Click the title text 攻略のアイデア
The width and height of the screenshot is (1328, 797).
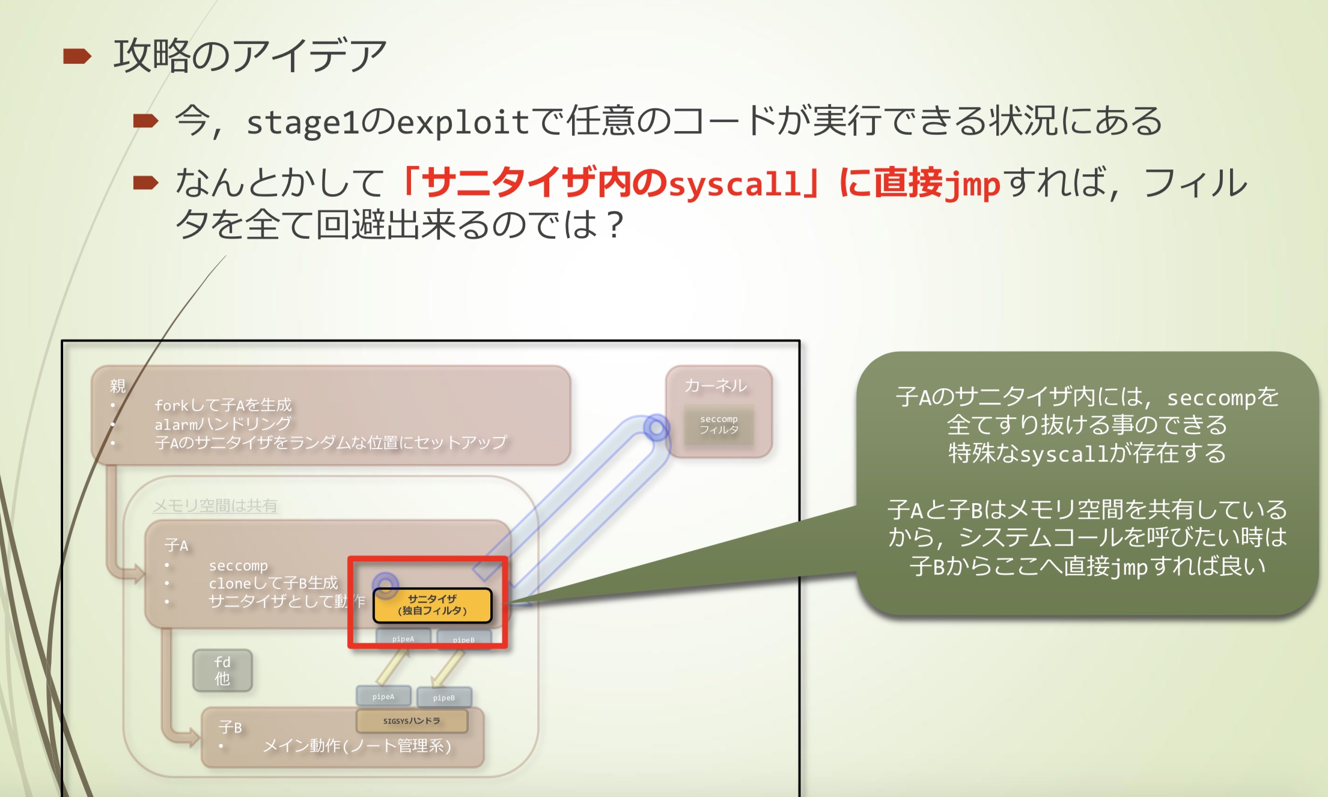click(x=249, y=55)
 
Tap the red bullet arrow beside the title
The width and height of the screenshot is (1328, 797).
click(x=77, y=56)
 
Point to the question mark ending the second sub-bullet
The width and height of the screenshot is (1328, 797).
click(x=615, y=226)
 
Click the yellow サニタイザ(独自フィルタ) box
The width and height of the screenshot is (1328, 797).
click(x=432, y=605)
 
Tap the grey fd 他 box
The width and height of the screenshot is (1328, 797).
click(x=222, y=670)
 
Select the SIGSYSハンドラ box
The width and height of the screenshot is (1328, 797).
click(x=412, y=721)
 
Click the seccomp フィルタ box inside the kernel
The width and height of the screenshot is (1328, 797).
click(x=719, y=424)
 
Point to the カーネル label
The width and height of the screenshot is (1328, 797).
click(x=716, y=385)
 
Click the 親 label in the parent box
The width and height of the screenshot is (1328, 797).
click(x=118, y=386)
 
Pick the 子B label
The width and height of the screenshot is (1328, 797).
click(x=230, y=727)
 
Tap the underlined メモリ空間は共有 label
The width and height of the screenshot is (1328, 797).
click(x=215, y=505)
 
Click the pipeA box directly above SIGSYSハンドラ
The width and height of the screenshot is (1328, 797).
click(x=383, y=697)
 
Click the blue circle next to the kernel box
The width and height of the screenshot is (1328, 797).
click(x=656, y=428)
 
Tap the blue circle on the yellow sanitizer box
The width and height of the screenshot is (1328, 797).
click(x=386, y=584)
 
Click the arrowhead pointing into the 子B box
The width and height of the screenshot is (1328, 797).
click(x=193, y=736)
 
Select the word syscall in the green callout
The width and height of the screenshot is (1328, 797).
click(x=1064, y=454)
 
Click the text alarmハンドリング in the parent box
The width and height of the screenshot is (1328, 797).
click(x=223, y=424)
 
